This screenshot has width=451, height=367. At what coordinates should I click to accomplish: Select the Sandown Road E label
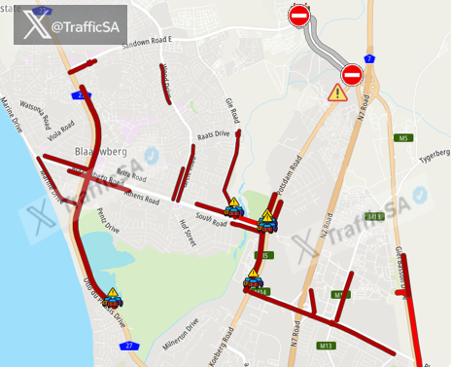145,43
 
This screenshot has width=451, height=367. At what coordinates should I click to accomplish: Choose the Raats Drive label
213,135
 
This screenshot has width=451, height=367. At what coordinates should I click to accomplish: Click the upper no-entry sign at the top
298,16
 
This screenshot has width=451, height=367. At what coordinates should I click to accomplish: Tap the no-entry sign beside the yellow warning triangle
352,75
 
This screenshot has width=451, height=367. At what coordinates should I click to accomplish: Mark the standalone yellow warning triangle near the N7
337,93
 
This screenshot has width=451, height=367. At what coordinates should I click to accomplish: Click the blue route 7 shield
370,58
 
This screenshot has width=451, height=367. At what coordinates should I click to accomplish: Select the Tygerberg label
433,154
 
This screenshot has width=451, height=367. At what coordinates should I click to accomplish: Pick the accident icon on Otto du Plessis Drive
112,297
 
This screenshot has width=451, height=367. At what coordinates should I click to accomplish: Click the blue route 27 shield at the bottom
127,346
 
